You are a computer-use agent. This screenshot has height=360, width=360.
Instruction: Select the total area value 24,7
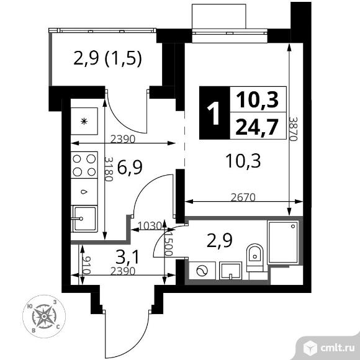tap(258, 128)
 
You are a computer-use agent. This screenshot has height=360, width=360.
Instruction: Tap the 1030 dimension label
tap(149, 225)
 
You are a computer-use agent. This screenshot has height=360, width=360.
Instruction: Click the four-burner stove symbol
tap(85, 164)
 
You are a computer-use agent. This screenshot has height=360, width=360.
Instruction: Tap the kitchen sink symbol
tap(83, 218)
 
